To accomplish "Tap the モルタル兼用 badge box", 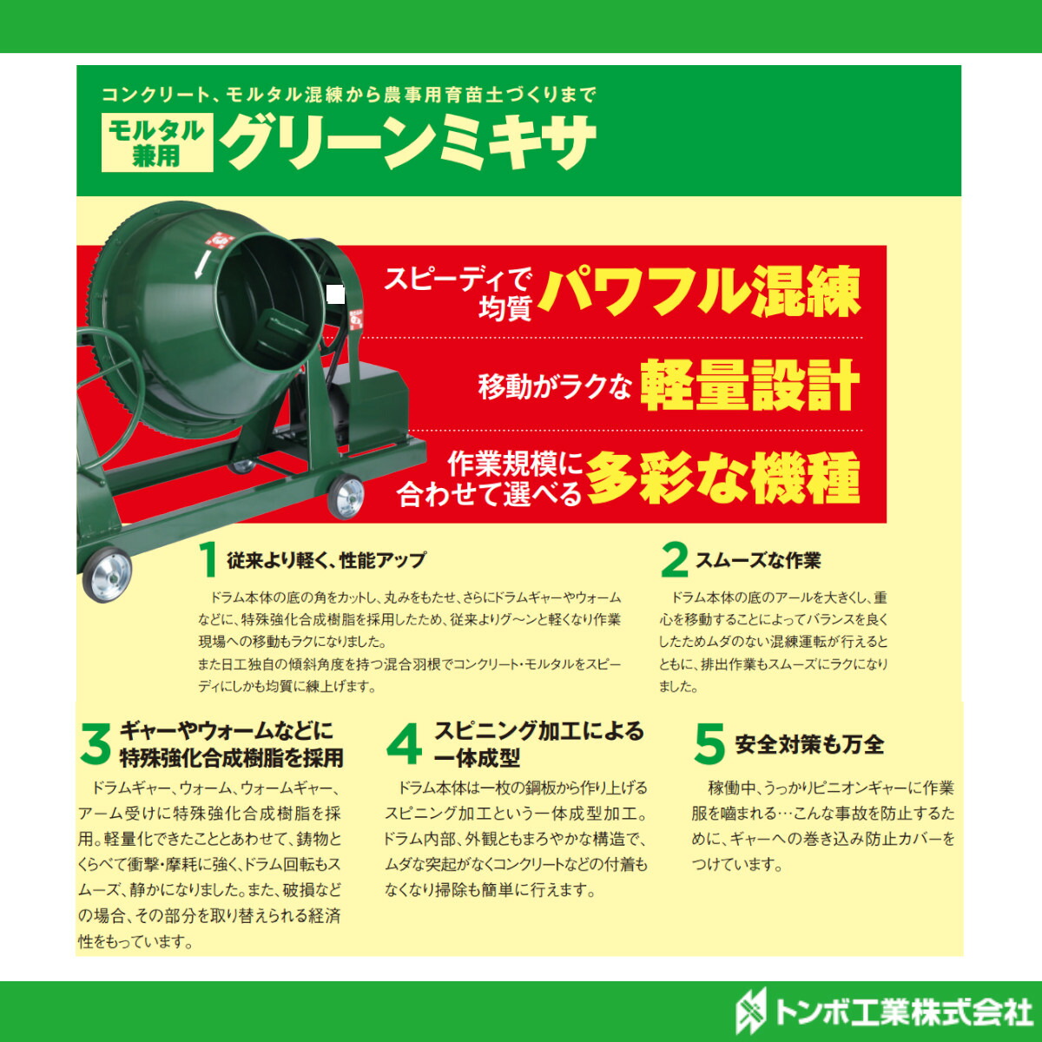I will tap(157, 142).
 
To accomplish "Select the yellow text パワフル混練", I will tap(699, 292).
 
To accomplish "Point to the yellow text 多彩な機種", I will tap(722, 478).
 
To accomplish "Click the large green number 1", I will tap(208, 560).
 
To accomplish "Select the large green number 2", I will tap(674, 560).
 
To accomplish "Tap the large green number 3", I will tap(96, 744).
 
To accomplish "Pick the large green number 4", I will tap(404, 744).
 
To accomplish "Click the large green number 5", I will tap(709, 744).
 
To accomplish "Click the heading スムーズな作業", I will tap(758, 561).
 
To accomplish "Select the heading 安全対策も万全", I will tap(809, 744).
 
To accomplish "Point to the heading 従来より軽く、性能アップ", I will tap(326, 560).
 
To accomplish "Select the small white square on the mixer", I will tap(336, 295).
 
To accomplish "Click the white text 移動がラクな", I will tap(554, 386).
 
